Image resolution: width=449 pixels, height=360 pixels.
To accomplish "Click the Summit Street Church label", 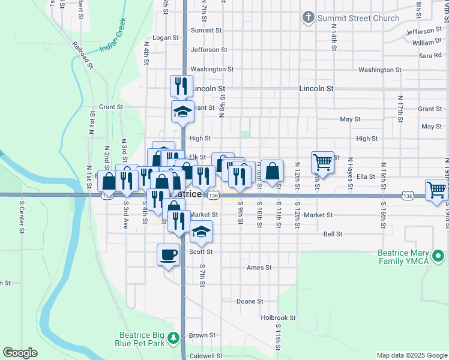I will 358,18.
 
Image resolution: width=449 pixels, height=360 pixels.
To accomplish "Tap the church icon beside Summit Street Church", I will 309,17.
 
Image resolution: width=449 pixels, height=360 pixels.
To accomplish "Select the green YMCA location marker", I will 439,257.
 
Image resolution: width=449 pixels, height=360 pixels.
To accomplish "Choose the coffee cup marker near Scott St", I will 168,255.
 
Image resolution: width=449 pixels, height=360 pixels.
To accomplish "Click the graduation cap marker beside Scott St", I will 201,232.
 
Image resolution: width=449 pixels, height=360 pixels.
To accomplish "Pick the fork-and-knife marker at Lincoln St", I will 181,86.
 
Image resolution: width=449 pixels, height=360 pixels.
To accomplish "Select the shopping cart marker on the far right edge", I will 436,190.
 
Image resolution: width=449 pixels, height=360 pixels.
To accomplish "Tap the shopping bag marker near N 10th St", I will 272,170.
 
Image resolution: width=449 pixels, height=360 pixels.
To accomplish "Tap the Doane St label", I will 250,301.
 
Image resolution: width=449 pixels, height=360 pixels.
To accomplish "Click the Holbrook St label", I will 278,317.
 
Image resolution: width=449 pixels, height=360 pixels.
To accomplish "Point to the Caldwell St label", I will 206,356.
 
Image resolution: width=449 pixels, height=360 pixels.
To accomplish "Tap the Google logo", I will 20,353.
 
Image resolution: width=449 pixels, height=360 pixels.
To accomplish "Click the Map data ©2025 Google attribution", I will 411,356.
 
